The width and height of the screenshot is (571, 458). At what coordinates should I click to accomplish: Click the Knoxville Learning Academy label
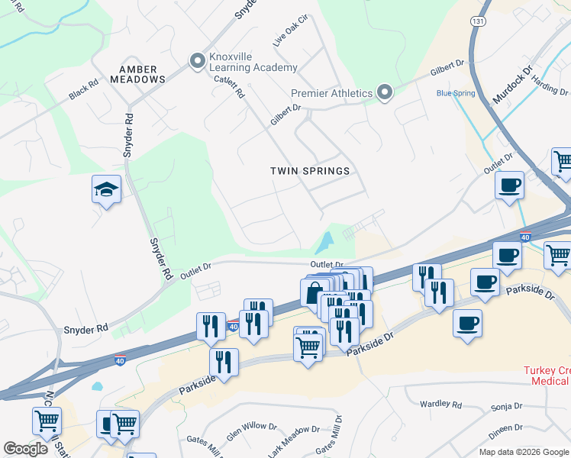point(253,62)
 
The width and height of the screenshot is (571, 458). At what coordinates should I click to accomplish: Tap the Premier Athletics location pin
point(385,94)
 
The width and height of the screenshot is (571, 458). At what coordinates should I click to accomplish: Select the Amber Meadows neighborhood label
point(137,74)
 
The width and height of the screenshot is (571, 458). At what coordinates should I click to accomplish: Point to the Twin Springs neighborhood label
point(310,171)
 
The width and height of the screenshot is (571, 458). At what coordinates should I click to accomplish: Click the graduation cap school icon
point(107,190)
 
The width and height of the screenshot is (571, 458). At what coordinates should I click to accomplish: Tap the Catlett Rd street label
point(229,87)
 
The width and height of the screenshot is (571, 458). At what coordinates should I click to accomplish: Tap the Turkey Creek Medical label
point(547,376)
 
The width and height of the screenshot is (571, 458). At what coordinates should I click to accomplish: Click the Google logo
point(25,449)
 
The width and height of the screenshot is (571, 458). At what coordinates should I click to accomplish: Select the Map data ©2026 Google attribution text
point(523,452)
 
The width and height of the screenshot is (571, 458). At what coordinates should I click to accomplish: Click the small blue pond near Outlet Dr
point(325,244)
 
